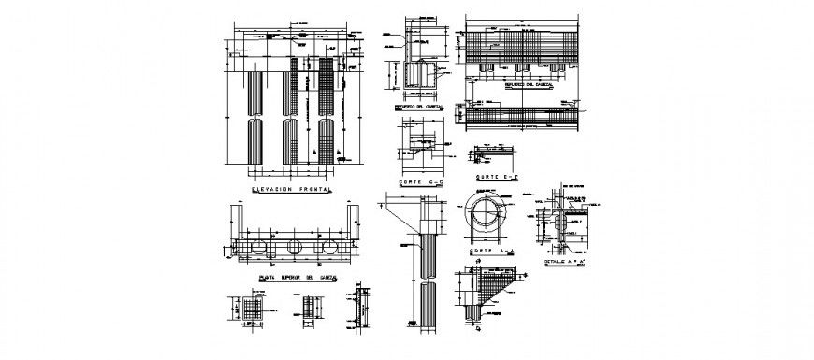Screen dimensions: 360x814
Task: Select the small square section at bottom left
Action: (x=250, y=310)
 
